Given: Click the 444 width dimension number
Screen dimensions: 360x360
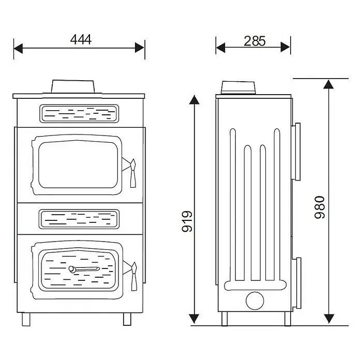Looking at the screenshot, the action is tap(81, 39).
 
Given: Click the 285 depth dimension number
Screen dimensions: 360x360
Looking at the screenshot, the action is tap(254, 41).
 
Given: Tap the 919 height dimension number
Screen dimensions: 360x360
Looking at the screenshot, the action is tap(187, 221).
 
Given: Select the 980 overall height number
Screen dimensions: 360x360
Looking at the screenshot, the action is tap(320, 207).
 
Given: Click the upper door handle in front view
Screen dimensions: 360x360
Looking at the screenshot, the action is tap(133, 173).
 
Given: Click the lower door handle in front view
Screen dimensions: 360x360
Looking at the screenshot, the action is tap(134, 276).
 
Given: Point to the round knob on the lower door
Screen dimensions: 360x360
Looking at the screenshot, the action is tap(71, 269).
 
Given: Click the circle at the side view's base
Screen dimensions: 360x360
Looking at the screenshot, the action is tap(255, 301).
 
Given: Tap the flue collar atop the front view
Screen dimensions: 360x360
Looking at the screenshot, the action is tap(73, 86).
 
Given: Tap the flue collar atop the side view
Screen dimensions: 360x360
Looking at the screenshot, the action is tap(238, 87).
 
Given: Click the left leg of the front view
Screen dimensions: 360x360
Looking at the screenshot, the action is tap(26, 319).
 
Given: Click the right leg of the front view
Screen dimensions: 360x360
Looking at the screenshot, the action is tap(127, 319).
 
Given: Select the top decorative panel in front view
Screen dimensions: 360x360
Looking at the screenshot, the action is tap(79, 114).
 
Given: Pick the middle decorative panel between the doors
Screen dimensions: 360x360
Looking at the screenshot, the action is tap(79, 219).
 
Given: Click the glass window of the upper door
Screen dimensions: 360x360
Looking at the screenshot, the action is tap(78, 164).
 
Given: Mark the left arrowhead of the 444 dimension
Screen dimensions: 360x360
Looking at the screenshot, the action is tap(18, 48).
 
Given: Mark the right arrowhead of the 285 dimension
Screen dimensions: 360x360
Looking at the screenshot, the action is tap(286, 47).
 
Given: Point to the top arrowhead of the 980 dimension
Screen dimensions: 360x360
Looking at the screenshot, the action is tap(328, 84).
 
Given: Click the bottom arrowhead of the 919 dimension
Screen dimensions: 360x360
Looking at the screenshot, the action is tap(194, 319).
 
